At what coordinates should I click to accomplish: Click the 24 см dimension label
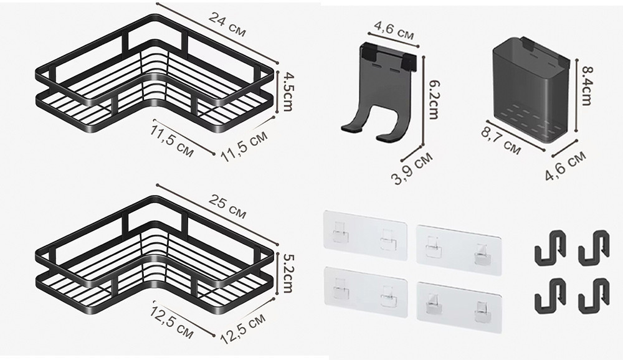point(227,25)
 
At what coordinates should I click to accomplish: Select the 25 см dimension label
point(227,207)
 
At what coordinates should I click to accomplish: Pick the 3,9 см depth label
point(412,168)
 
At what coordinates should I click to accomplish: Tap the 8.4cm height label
point(586,85)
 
